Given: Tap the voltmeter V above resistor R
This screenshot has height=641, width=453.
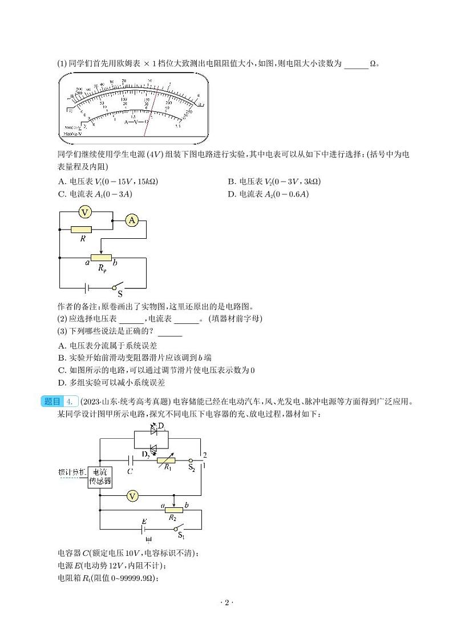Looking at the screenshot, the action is coord(85,213).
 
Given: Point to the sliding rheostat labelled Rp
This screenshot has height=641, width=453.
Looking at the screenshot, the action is coord(101,258).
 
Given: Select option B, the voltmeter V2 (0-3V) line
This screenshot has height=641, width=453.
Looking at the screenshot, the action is coord(274,182).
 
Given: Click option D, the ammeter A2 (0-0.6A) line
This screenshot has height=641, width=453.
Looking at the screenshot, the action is coord(268,194).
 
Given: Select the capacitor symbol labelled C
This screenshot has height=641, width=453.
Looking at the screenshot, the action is coord(131,459).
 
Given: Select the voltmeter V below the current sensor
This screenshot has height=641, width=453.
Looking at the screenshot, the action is coord(132,496).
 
